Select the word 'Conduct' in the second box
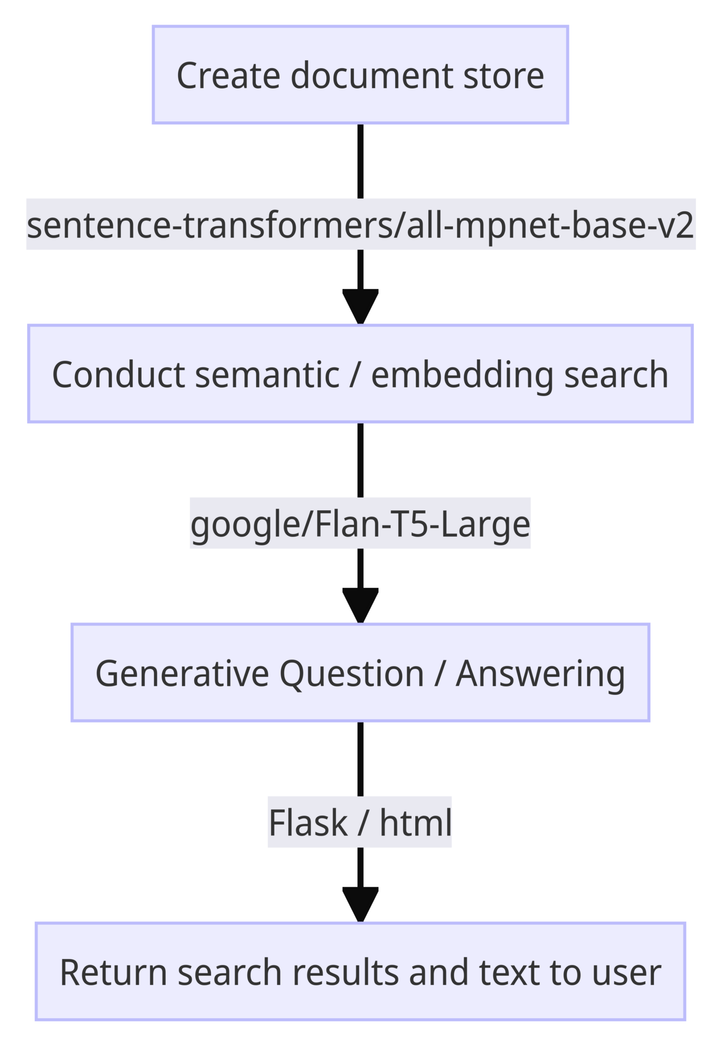click(119, 375)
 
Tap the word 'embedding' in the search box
click(462, 375)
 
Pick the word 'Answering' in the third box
click(540, 673)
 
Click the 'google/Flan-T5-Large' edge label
click(360, 523)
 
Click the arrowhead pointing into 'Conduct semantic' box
click(360, 305)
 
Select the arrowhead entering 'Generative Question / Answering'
click(360, 604)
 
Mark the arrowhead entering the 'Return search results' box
click(360, 903)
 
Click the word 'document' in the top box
click(372, 76)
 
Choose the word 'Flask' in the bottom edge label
click(308, 823)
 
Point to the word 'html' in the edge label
click(415, 823)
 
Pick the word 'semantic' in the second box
click(267, 375)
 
